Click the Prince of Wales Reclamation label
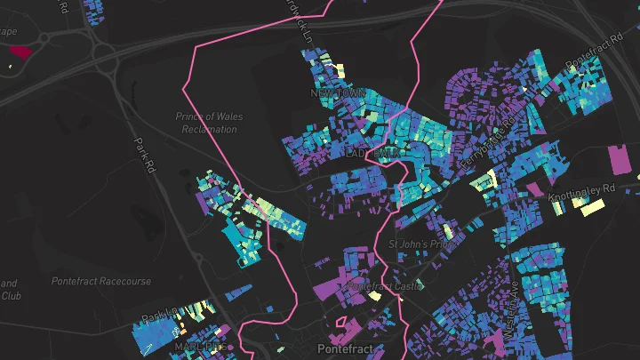pos(208,123)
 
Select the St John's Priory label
pos(422,244)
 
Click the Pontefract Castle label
pos(381,287)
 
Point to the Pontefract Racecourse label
pos(100,282)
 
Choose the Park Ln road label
pos(159,316)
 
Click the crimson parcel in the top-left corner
pos(20,52)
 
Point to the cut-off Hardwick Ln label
pos(304,20)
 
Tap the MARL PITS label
pos(198,346)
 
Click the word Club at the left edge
pos(10,296)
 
